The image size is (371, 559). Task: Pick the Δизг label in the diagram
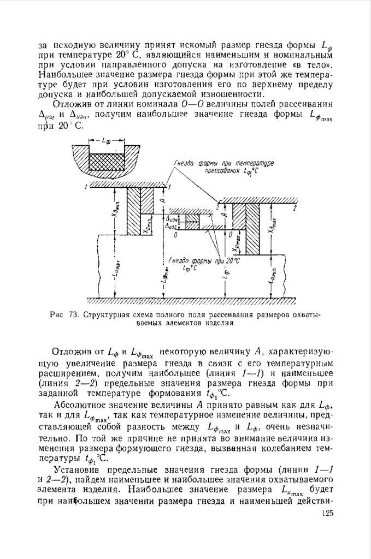(171, 225)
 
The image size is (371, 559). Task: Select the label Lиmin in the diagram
(272, 277)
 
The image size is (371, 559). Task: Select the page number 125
(327, 513)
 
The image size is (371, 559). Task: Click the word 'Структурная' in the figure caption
(108, 315)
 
